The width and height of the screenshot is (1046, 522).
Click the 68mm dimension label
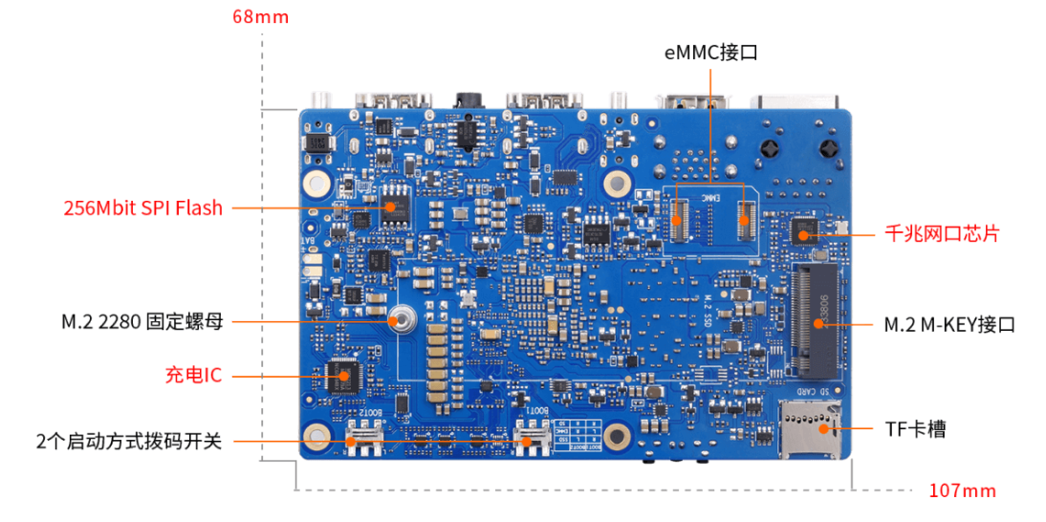[260, 17]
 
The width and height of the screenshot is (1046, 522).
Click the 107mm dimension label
[963, 491]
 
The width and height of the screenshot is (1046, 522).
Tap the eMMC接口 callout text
[710, 53]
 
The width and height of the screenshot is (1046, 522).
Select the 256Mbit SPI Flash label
[143, 207]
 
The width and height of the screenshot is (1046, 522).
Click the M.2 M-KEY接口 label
[948, 325]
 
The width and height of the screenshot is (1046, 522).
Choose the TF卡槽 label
[915, 429]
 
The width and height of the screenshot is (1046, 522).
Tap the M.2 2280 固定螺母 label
[142, 322]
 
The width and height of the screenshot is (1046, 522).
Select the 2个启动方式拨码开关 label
[129, 442]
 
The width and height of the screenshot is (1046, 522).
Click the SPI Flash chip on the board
[391, 207]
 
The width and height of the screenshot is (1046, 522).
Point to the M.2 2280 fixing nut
[403, 319]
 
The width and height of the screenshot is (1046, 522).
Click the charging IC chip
[341, 375]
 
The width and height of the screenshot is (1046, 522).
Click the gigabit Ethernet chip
[804, 231]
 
